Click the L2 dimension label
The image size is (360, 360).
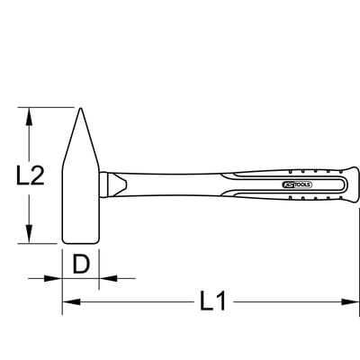coord(30,175)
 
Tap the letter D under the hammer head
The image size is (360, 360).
coord(81,265)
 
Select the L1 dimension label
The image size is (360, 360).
coord(212,301)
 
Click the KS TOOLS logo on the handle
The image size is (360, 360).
coord(297,184)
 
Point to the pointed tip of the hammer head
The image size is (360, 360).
coord(80,108)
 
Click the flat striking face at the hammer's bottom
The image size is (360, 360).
coord(80,243)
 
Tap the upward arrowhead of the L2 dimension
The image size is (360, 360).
coord(29,116)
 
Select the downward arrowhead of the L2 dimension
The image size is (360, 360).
coord(29,234)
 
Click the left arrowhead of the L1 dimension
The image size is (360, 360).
coord(71,301)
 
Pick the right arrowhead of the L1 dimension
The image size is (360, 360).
coord(350,301)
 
